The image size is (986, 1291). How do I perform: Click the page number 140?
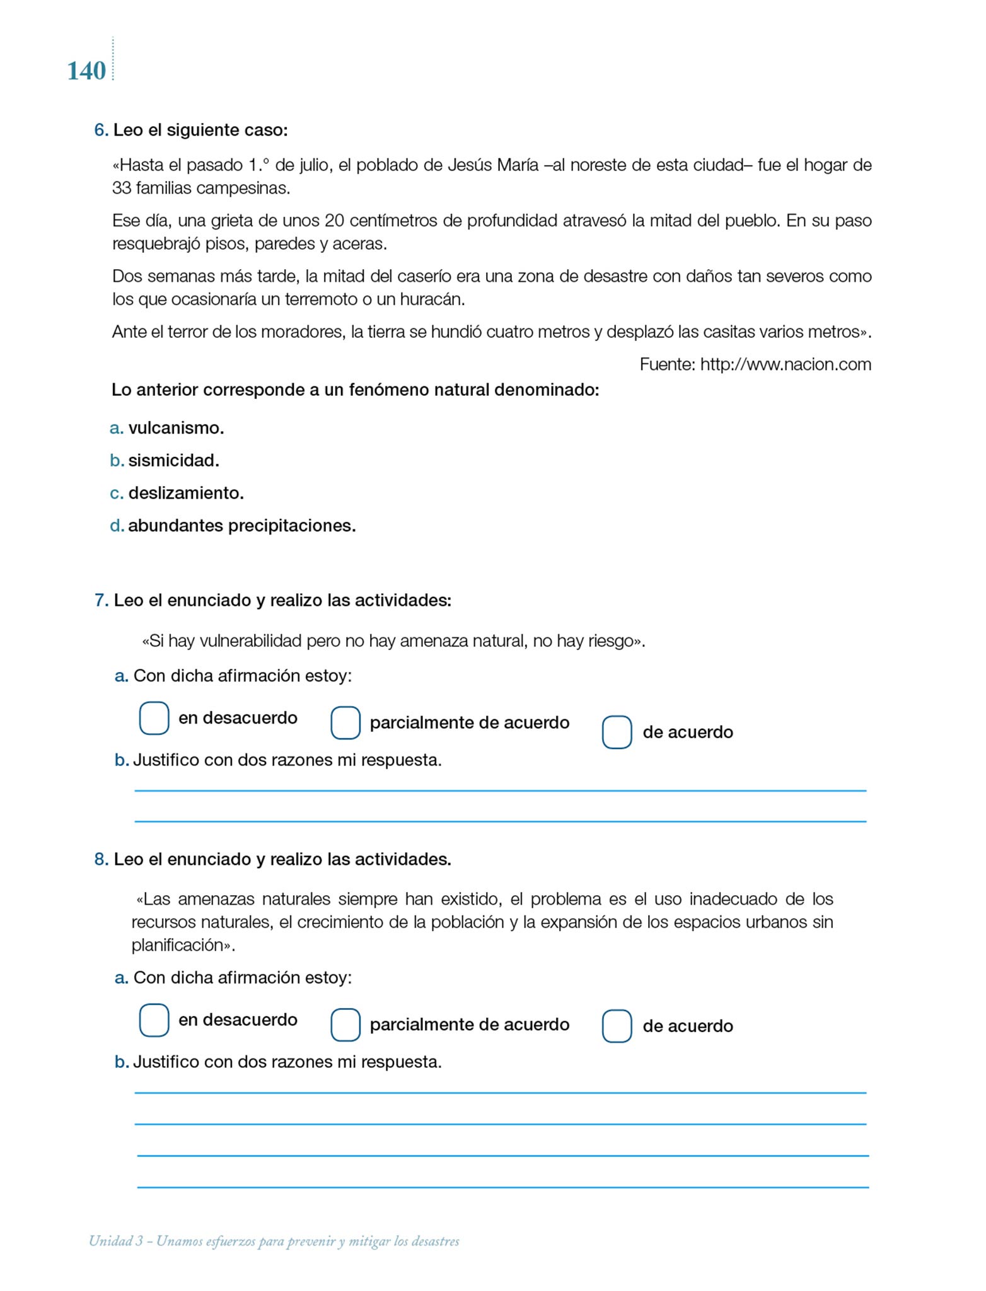pyautogui.click(x=86, y=71)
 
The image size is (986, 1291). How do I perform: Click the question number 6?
pyautogui.click(x=101, y=130)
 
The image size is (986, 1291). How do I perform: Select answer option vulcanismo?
pyautogui.click(x=176, y=429)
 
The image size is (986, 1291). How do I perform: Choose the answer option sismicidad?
pyautogui.click(x=173, y=461)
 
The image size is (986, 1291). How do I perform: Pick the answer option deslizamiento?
pyautogui.click(x=186, y=493)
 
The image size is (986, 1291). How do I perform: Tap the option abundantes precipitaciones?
pyautogui.click(x=241, y=526)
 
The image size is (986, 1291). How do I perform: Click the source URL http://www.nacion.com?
pyautogui.click(x=786, y=364)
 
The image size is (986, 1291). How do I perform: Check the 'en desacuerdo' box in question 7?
pyautogui.click(x=154, y=718)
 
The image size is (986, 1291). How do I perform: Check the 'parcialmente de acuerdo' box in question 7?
pyautogui.click(x=345, y=722)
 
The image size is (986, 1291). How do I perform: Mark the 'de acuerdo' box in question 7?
pyautogui.click(x=617, y=732)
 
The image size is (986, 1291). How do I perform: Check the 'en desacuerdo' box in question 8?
pyautogui.click(x=154, y=1020)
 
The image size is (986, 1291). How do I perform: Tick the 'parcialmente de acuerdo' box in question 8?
pyautogui.click(x=345, y=1024)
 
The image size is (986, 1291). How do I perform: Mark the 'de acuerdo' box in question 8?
pyautogui.click(x=617, y=1026)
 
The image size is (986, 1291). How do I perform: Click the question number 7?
pyautogui.click(x=101, y=601)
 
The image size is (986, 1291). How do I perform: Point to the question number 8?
pyautogui.click(x=101, y=860)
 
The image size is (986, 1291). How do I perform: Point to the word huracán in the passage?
pyautogui.click(x=432, y=299)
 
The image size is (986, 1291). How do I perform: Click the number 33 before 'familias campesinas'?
pyautogui.click(x=120, y=188)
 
